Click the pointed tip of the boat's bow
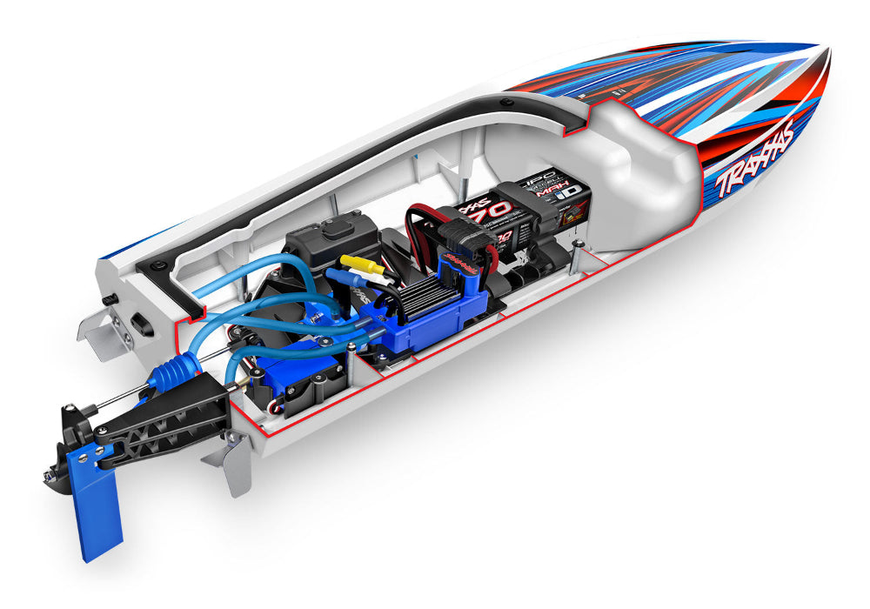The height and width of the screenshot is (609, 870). [822, 45]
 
